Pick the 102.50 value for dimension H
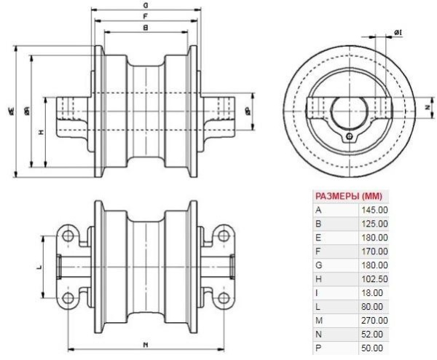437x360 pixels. click(373, 278)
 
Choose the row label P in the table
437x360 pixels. click(318, 347)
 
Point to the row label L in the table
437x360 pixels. click(318, 306)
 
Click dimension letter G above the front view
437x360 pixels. click(146, 4)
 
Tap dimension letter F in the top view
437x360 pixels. click(146, 15)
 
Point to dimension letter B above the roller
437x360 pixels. click(146, 28)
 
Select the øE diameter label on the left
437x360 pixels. click(12, 110)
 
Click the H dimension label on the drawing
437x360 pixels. click(42, 133)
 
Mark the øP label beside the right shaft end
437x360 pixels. click(248, 111)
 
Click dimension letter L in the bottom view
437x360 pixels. click(39, 267)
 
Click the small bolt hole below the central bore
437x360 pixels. click(350, 136)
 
